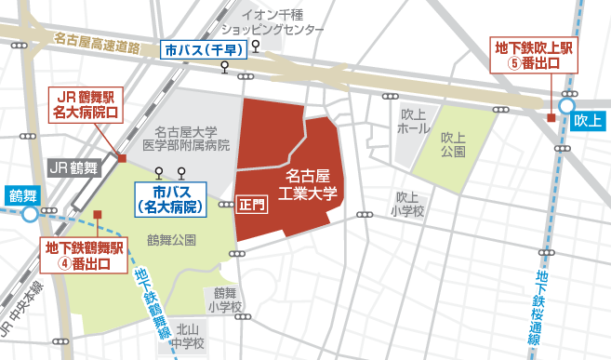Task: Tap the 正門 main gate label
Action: point(252,202)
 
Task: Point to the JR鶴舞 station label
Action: point(73,168)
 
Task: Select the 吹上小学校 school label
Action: point(408,204)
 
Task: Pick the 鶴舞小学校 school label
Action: point(225,299)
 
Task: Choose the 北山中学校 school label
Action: point(191,335)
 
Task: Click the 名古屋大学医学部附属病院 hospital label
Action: point(192,139)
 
